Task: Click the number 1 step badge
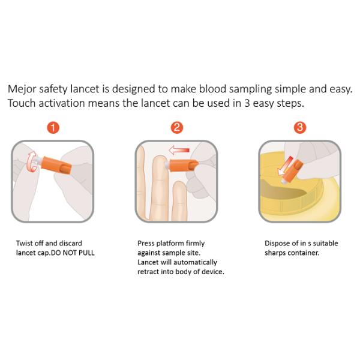pos(53,127)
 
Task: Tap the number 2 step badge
pos(177,127)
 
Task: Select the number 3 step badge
pos(300,127)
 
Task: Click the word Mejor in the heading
pos(22,89)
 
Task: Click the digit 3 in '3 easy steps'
pos(247,103)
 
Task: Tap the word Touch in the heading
pos(22,103)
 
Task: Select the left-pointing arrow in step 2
pos(179,151)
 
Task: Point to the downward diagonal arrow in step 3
pos(284,166)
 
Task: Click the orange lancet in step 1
pos(55,165)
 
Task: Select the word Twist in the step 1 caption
pos(25,243)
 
